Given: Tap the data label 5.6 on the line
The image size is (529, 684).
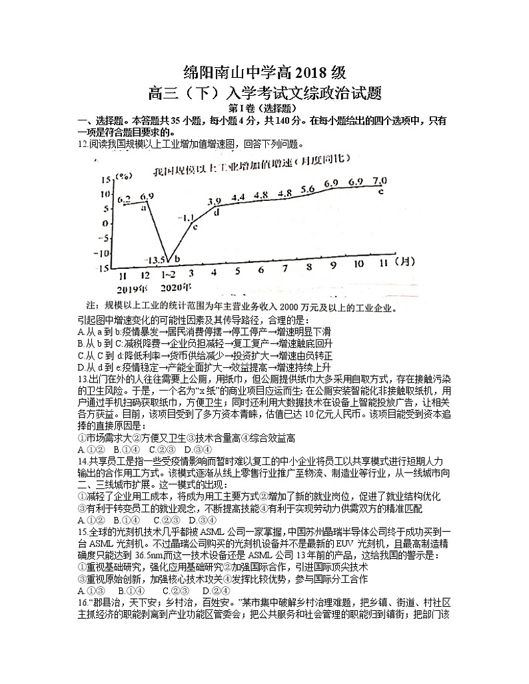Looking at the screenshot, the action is click(x=308, y=189).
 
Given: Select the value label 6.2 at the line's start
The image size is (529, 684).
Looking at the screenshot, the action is click(x=124, y=199).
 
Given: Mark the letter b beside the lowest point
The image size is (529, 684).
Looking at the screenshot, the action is click(x=177, y=259).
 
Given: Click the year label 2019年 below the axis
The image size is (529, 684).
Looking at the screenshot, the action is click(x=131, y=288).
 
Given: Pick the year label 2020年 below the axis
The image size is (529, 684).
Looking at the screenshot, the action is click(x=176, y=287).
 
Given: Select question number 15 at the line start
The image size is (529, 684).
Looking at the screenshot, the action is click(x=83, y=532).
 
